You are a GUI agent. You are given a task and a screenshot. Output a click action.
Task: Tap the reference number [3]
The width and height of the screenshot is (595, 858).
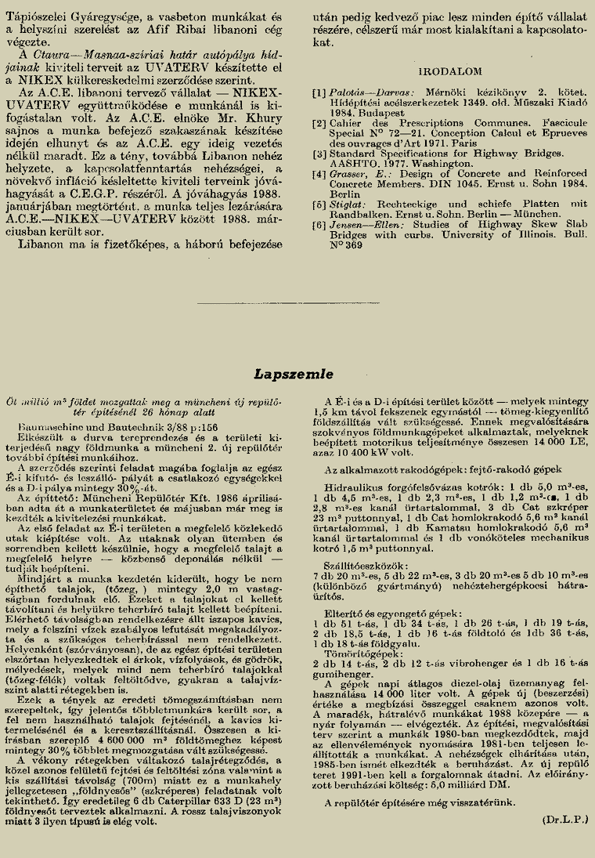coord(319,154)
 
